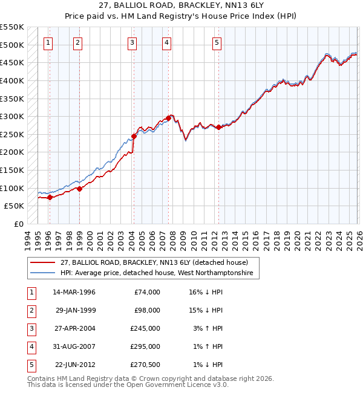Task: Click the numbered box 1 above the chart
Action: pos(48,42)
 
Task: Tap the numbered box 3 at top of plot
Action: pos(132,42)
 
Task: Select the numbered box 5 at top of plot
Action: pos(217,42)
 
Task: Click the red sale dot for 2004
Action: pos(134,136)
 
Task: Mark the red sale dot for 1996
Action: pos(50,197)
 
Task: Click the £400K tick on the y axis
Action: pos(12,80)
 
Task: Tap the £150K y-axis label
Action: pos(12,170)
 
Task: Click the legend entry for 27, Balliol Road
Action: pos(154,262)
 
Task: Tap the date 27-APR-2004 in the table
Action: pos(74,328)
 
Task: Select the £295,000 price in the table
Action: pos(146,346)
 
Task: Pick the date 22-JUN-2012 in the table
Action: pos(74,365)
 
